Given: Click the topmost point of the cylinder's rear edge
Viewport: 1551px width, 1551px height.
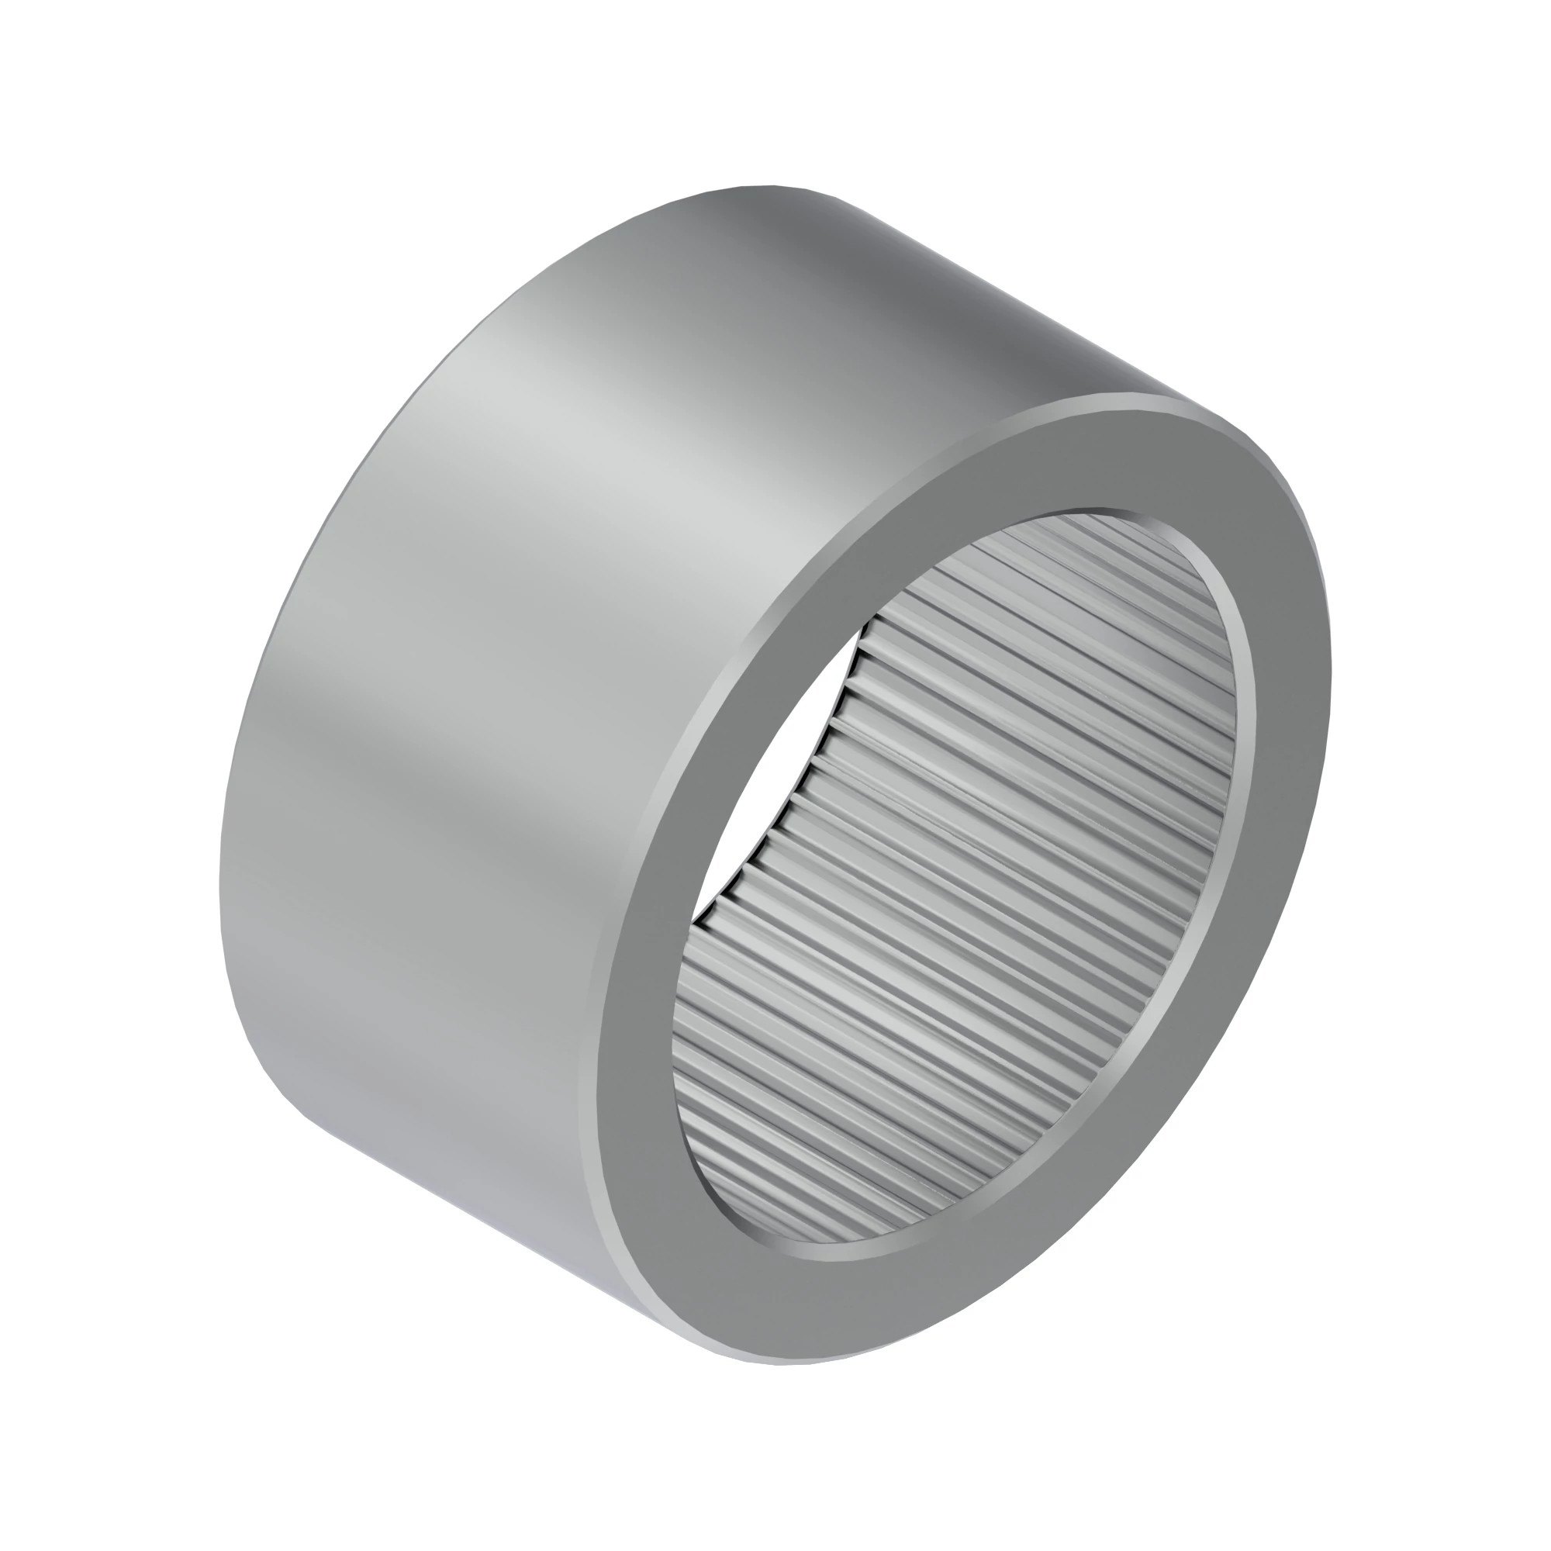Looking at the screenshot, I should click(771, 186).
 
